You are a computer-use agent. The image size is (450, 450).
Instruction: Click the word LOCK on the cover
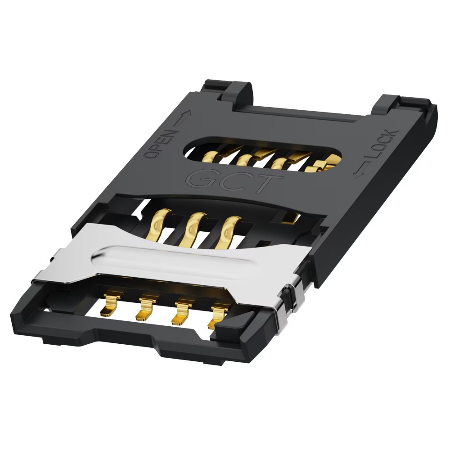click(x=382, y=148)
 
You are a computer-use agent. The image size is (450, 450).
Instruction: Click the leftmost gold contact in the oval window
click(x=210, y=157)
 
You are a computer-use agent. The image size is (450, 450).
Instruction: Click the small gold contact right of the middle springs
click(x=290, y=219)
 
